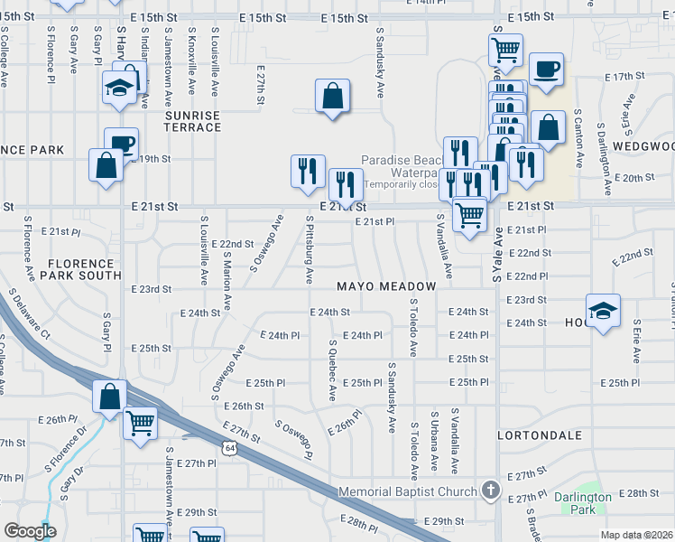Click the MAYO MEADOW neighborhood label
point(386,286)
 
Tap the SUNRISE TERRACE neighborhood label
point(192,122)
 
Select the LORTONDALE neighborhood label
point(540,435)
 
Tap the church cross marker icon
point(490,491)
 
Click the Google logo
point(29,531)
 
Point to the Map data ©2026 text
point(636,535)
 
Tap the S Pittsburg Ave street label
point(310,248)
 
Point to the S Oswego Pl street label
point(293,438)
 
